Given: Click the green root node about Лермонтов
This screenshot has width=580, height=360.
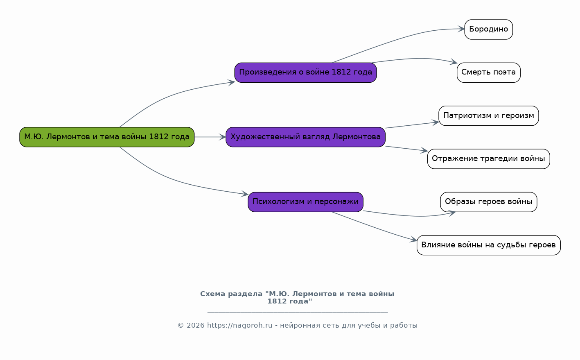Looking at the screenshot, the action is pyautogui.click(x=107, y=137).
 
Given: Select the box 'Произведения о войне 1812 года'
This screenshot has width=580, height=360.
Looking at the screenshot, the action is pyautogui.click(x=305, y=72).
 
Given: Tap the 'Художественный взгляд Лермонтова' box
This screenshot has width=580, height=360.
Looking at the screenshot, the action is pyautogui.click(x=305, y=137).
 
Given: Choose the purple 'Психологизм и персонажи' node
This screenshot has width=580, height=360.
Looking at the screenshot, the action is pyautogui.click(x=305, y=202).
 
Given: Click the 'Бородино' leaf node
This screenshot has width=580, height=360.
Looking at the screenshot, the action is pyautogui.click(x=489, y=29).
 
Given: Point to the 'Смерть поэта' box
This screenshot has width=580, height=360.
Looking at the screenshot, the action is pyautogui.click(x=489, y=72).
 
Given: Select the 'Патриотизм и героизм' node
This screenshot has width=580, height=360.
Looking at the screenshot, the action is pyautogui.click(x=489, y=116).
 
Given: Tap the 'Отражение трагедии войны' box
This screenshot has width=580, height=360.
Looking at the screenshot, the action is pyautogui.click(x=489, y=159).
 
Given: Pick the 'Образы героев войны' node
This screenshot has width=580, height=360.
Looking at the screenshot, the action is pyautogui.click(x=489, y=202).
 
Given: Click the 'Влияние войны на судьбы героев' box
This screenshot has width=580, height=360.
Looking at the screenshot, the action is pyautogui.click(x=489, y=245).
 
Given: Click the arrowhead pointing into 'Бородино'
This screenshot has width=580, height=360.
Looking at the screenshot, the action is pyautogui.click(x=461, y=29).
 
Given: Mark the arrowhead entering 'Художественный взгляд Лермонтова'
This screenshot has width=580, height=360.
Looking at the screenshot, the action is pyautogui.click(x=223, y=137).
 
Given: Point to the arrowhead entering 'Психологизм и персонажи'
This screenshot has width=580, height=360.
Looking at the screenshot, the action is pyautogui.click(x=245, y=194).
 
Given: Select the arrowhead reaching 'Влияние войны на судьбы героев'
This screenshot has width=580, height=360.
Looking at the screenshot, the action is pyautogui.click(x=413, y=240).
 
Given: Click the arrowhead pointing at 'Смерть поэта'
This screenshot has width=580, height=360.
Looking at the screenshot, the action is pyautogui.click(x=454, y=62).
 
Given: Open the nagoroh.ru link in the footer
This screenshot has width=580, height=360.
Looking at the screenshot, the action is pyautogui.click(x=240, y=325).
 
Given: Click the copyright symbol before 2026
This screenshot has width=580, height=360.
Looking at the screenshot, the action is pyautogui.click(x=181, y=326).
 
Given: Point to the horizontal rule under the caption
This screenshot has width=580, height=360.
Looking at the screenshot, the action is pyautogui.click(x=298, y=312).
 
